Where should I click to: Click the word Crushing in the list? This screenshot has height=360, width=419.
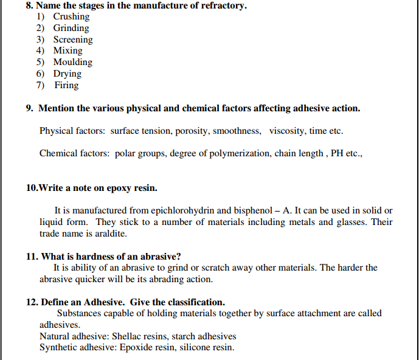[x=71, y=16]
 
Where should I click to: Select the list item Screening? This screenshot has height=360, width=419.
[x=73, y=40]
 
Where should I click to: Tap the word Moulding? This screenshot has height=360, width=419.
[x=73, y=62]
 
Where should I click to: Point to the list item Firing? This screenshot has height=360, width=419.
[x=66, y=85]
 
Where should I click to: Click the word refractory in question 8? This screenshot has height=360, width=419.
[x=223, y=5]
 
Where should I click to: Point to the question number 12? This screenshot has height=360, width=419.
[x=32, y=302]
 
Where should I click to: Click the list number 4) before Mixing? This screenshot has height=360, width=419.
[x=41, y=51]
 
